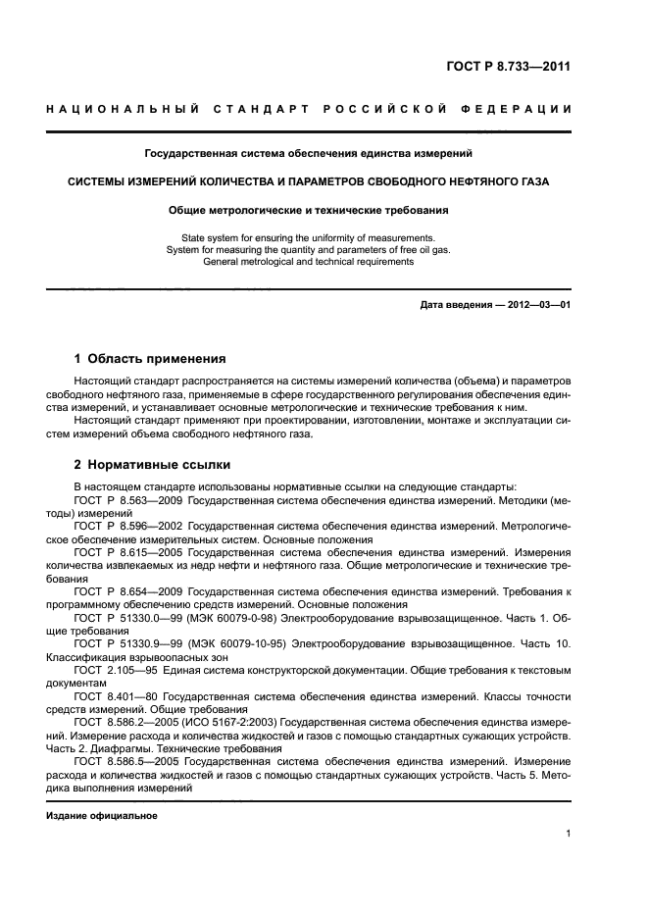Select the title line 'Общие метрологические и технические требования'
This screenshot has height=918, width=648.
(309, 210)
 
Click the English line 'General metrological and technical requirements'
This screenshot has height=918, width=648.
(309, 262)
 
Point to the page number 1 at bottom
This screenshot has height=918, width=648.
(568, 834)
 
